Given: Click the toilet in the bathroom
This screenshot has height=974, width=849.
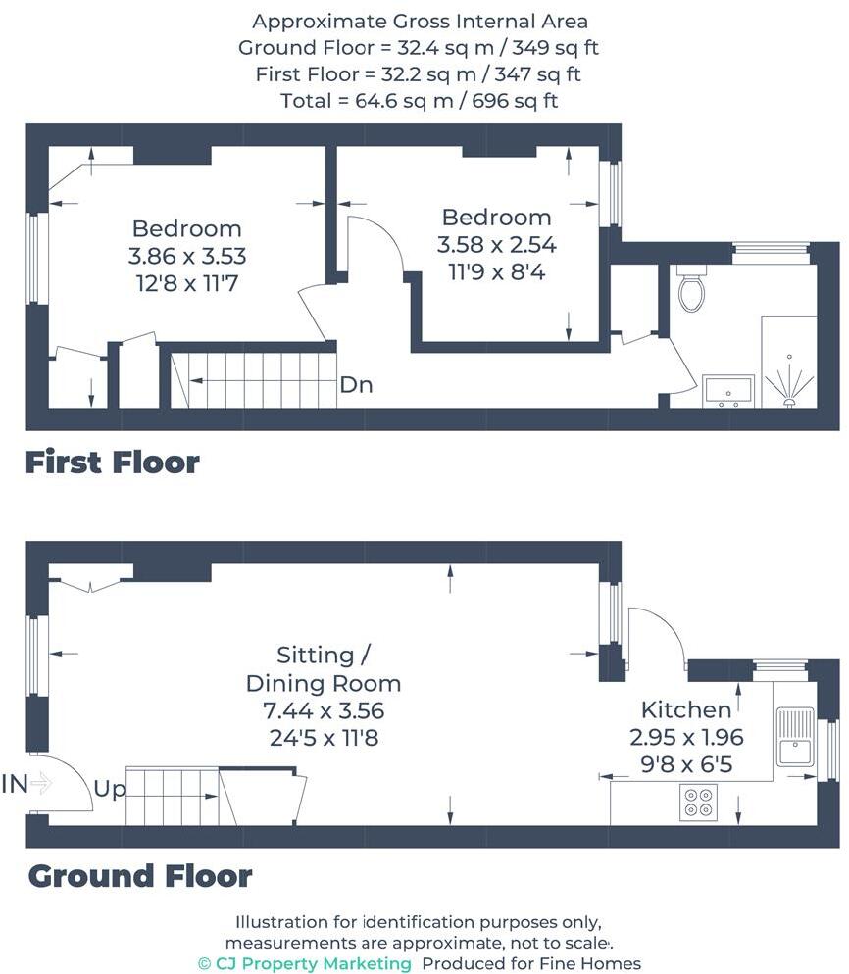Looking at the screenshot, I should [x=691, y=288].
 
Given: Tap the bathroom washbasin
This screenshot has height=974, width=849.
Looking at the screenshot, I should [x=728, y=390].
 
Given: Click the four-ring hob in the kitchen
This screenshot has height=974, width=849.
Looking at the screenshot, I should [x=699, y=802].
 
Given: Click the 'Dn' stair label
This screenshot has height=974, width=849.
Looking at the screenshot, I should [x=356, y=385].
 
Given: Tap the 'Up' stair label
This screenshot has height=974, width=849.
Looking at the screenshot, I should [x=110, y=789].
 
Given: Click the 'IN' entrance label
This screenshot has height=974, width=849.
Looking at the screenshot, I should [x=15, y=782].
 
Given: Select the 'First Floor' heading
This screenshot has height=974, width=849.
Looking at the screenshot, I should [x=113, y=463].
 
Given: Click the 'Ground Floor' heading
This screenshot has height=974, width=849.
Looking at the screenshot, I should [x=140, y=875].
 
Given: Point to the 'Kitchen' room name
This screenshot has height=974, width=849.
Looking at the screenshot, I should [x=686, y=709].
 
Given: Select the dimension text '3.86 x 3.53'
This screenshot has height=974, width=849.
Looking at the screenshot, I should [x=186, y=257].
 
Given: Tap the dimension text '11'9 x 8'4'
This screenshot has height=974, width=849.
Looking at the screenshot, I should [x=496, y=271].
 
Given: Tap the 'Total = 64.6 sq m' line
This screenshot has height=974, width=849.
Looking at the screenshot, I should [x=419, y=100].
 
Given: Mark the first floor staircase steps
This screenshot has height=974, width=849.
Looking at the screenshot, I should [x=255, y=380].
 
